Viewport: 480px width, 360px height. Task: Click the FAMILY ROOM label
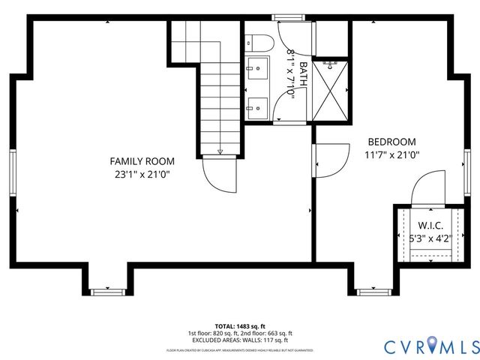tap(142, 161)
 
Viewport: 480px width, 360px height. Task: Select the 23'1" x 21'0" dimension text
tap(142, 175)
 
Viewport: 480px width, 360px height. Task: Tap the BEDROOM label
tap(391, 142)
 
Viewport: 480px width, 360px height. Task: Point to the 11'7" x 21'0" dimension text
tap(391, 155)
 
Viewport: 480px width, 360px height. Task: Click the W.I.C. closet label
tap(430, 225)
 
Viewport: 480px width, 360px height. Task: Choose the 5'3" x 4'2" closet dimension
tap(430, 239)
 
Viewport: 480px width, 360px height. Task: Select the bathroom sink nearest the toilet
tap(259, 67)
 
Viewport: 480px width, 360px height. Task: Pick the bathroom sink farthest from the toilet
tap(259, 106)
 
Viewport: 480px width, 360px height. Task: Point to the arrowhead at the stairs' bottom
tap(218, 152)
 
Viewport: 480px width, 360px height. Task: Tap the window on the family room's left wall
tap(13, 172)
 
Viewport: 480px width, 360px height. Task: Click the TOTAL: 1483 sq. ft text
tap(239, 327)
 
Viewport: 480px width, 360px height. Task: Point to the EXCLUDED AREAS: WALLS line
tap(239, 340)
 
